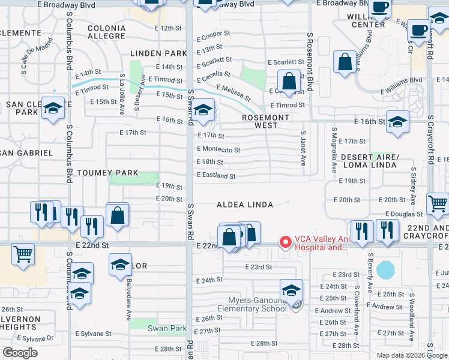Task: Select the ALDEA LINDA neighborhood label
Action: click(245, 205)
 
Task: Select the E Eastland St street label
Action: click(215, 176)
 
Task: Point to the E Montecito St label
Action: click(218, 149)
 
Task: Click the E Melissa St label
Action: click(234, 92)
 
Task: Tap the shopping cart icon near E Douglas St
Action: click(438, 205)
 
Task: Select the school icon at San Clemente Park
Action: click(53, 109)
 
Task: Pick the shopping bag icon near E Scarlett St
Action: click(345, 62)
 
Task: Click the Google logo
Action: click(20, 353)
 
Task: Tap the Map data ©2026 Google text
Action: click(411, 355)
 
